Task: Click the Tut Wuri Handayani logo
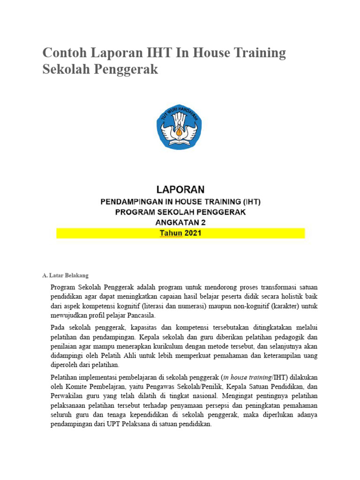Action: coord(180,127)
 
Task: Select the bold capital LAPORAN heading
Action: coord(180,189)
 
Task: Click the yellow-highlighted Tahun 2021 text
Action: coord(180,233)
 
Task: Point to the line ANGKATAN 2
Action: coord(180,222)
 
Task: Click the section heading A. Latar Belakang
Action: coord(65,275)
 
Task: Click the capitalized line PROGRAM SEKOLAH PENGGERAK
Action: coord(180,212)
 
